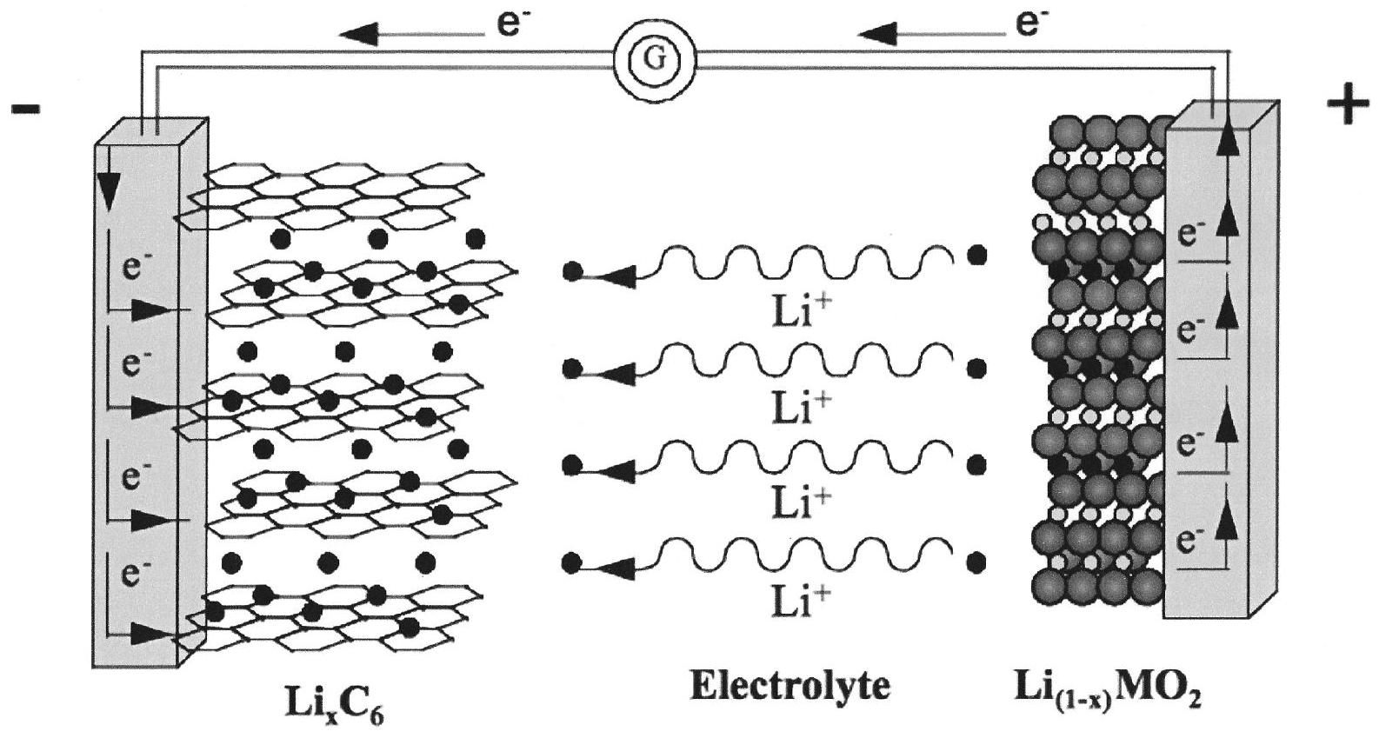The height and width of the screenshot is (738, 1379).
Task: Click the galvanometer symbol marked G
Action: (656, 58)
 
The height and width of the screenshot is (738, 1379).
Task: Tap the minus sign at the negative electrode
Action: (25, 110)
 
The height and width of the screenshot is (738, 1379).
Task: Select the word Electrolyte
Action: (789, 687)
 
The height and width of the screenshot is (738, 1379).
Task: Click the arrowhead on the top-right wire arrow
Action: (878, 34)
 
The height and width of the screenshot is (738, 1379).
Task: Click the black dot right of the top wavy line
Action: (977, 255)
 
